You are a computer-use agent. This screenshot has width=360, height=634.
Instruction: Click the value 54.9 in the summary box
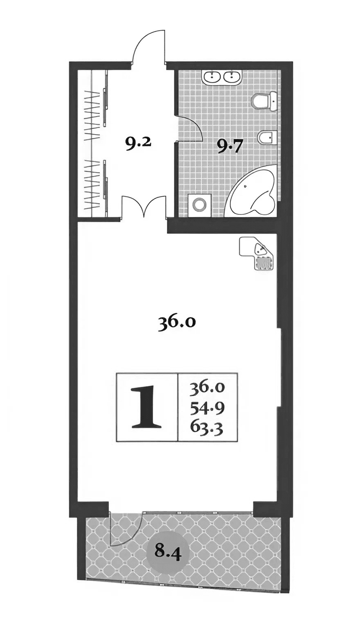208,407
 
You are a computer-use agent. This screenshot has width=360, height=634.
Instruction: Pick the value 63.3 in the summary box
208,428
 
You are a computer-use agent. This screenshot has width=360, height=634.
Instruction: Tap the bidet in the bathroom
268,138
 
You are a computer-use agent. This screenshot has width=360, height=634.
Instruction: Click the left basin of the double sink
213,76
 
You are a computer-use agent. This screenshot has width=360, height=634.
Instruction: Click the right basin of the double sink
233,76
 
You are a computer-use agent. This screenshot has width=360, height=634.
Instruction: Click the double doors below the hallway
143,207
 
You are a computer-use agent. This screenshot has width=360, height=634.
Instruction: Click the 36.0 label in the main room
177,323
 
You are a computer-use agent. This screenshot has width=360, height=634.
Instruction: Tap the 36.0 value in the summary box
208,387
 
